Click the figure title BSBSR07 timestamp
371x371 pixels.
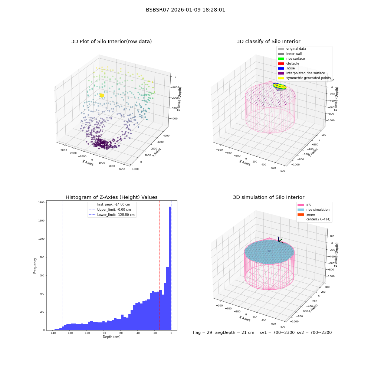185,10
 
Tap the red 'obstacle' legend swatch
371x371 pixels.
281,63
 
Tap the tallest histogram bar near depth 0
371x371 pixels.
170,268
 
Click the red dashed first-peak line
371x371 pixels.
159,265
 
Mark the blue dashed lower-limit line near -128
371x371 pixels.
62,265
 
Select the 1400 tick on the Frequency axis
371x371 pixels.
41,203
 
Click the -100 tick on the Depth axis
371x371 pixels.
86,333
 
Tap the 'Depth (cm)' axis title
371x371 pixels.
111,337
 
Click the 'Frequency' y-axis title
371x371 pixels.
35,266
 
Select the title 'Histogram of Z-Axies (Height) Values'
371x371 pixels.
111,197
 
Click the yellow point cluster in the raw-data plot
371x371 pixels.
102,95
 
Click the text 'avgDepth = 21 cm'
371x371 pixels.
235,332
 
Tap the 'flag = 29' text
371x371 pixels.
202,332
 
